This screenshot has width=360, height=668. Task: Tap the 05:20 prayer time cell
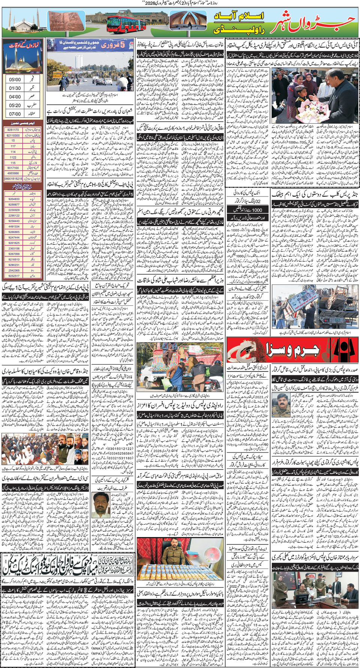(x=15, y=105)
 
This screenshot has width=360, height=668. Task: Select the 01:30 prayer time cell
(x=15, y=88)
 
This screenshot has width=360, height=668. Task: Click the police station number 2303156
(x=14, y=249)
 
